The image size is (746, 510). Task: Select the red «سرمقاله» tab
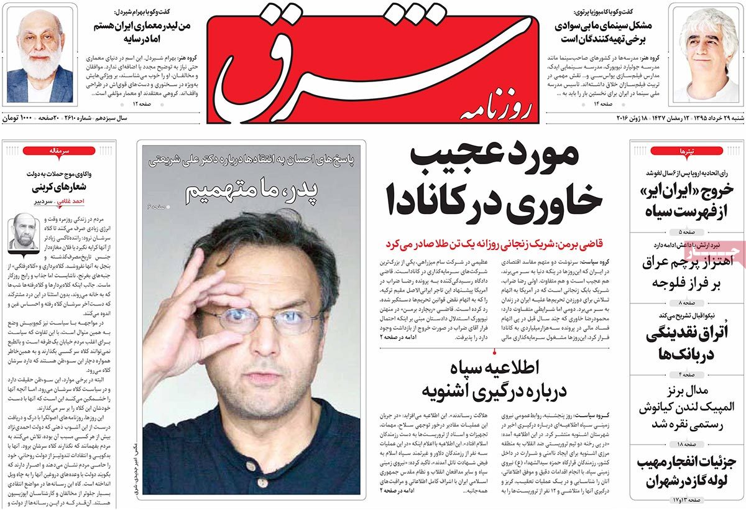pos(60,151)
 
